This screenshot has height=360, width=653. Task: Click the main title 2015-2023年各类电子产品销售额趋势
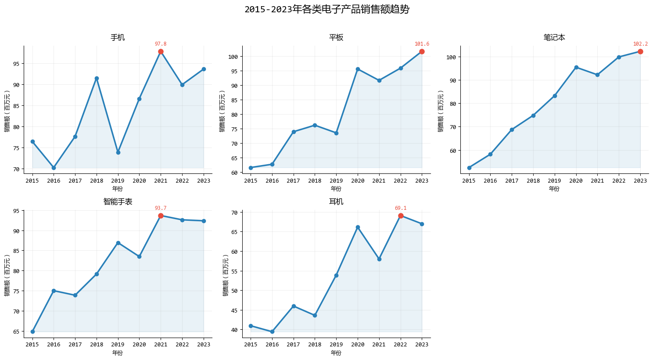tap(326, 9)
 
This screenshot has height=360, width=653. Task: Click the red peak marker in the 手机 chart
tap(161, 52)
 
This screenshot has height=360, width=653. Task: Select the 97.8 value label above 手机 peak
tap(161, 44)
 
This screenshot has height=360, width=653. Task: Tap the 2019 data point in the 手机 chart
tap(118, 152)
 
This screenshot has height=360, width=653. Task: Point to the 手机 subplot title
tap(118, 37)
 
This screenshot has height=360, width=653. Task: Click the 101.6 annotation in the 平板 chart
tap(422, 44)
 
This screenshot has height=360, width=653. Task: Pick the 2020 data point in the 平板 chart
tap(358, 69)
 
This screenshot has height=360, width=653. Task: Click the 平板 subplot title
tap(336, 37)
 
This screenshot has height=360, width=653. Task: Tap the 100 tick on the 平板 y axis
tap(233, 57)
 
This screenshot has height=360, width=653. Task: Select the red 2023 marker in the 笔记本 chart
tap(640, 52)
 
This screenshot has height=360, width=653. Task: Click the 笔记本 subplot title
tap(554, 37)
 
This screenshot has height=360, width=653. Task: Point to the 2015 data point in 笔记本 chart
tap(469, 168)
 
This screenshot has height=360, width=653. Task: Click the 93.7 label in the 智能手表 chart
tap(161, 208)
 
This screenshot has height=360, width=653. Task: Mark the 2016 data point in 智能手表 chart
tap(54, 291)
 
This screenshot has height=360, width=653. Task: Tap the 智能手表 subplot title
tap(118, 202)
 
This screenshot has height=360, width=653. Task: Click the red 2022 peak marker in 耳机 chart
tap(401, 216)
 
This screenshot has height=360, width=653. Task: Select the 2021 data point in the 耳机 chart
tap(379, 259)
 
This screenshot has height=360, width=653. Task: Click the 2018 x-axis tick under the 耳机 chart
tap(315, 345)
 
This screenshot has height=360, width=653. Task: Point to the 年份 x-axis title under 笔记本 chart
tap(554, 189)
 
